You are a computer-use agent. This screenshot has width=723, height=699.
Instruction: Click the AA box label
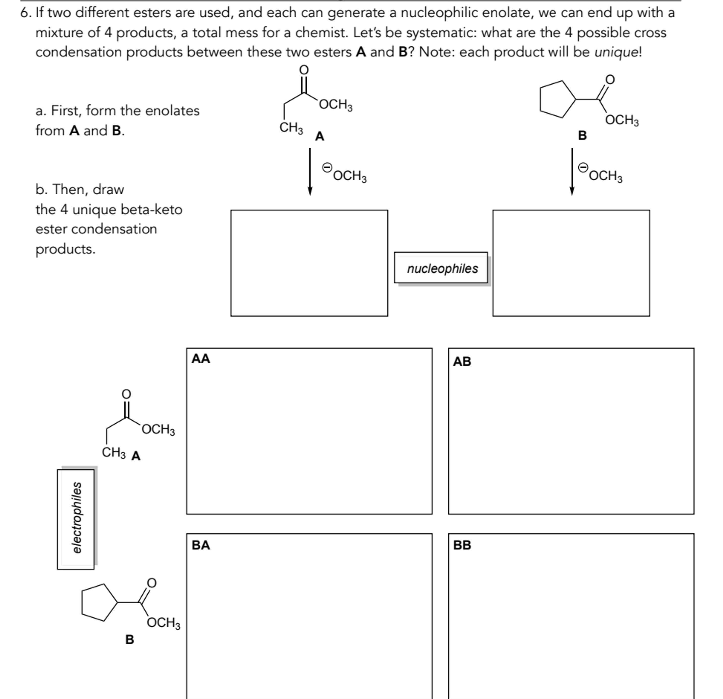pyautogui.click(x=201, y=358)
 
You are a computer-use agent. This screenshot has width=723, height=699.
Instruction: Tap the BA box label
pyautogui.click(x=201, y=545)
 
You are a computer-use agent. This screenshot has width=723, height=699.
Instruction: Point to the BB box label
pyautogui.click(x=462, y=545)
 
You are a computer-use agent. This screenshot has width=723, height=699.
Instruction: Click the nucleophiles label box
pyautogui.click(x=442, y=268)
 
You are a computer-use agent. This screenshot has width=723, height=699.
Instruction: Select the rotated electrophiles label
pyautogui.click(x=76, y=518)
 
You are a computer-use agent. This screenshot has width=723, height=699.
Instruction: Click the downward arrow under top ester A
pyautogui.click(x=310, y=172)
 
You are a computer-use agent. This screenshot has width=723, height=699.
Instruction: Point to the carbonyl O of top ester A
pyautogui.click(x=303, y=69)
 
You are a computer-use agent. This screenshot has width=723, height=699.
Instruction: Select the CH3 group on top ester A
pyautogui.click(x=291, y=128)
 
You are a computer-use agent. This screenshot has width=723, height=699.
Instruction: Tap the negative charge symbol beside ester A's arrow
pyautogui.click(x=327, y=168)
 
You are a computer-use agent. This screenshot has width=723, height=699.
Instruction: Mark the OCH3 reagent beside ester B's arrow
pyautogui.click(x=606, y=176)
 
